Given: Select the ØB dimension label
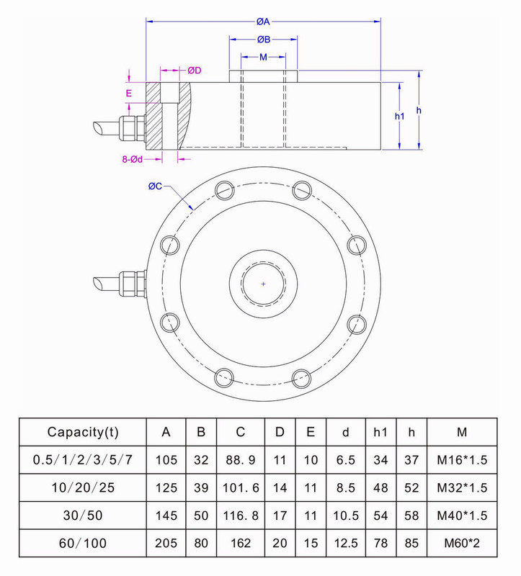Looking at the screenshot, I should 263,38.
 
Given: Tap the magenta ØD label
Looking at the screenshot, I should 195,70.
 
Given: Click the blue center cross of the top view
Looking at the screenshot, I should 263,284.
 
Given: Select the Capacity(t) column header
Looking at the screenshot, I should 82,433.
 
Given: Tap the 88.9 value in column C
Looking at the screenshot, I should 240,458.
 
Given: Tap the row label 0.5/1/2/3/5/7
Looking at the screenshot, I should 82,458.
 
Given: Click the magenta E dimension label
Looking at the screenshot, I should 129,94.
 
